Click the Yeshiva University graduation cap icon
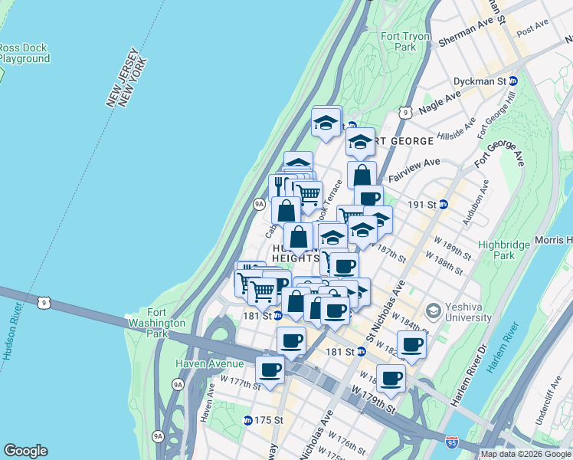coord(434,310)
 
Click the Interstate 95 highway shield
coord(452,442)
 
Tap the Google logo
coord(25,451)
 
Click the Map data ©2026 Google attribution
coord(526,454)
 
